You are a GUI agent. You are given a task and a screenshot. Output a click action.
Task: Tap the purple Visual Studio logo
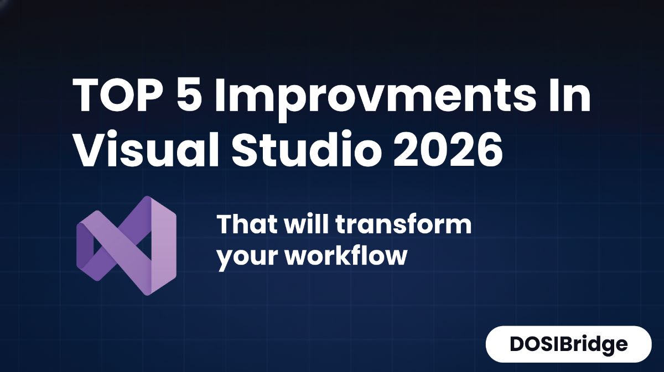(126, 245)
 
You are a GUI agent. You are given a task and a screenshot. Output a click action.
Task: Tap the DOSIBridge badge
(568, 344)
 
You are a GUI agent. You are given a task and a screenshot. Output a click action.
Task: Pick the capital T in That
(226, 225)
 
